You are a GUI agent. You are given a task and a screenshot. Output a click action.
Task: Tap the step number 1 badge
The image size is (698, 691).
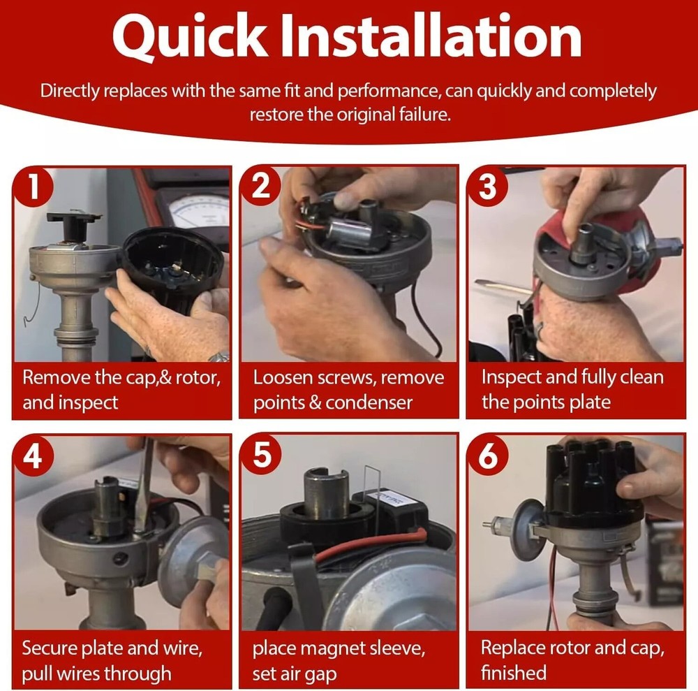pos(33,187)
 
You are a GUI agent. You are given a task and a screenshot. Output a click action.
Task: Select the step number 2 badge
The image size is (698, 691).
pos(260,185)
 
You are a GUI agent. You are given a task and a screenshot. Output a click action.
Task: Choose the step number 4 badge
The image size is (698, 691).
pos(33,456)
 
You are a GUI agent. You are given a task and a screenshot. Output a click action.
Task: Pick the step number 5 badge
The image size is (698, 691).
pos(261,455)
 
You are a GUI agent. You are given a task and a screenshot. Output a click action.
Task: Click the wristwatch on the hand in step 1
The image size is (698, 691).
pos(219,357)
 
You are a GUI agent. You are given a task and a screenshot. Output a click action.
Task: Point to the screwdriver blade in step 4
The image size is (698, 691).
pos(144,489)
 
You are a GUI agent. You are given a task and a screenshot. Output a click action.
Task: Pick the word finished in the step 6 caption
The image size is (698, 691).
pos(513,673)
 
